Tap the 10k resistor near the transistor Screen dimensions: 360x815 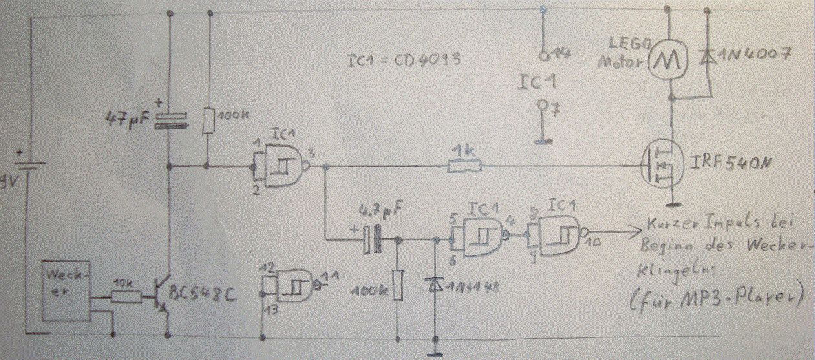click(x=126, y=297)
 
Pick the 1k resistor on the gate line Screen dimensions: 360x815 click(x=465, y=167)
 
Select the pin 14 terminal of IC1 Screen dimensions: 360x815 click(x=545, y=56)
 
